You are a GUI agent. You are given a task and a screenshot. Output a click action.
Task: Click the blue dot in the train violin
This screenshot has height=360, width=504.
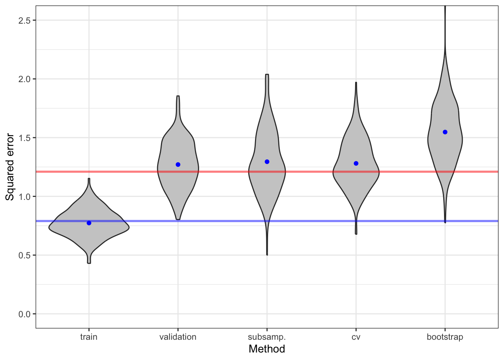pyautogui.click(x=89, y=223)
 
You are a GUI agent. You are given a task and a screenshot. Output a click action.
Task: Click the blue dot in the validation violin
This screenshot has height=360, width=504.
pyautogui.click(x=178, y=165)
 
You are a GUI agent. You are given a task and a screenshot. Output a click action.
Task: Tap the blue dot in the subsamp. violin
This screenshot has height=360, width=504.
pyautogui.click(x=267, y=162)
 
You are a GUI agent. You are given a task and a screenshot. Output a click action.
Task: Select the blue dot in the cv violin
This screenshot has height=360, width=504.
pyautogui.click(x=356, y=163)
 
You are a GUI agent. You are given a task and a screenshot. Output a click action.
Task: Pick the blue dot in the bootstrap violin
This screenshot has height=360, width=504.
pyautogui.click(x=445, y=132)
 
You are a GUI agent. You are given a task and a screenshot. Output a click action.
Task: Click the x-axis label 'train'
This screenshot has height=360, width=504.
pyautogui.click(x=89, y=337)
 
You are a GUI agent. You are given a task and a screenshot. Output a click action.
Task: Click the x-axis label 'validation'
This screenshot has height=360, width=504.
pyautogui.click(x=178, y=337)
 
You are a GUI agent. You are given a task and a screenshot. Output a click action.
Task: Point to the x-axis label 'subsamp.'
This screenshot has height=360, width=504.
pyautogui.click(x=267, y=337)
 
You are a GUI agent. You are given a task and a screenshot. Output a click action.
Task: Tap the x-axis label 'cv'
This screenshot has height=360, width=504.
pyautogui.click(x=356, y=337)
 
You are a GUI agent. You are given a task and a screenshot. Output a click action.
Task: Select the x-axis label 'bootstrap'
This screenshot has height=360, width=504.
pyautogui.click(x=445, y=337)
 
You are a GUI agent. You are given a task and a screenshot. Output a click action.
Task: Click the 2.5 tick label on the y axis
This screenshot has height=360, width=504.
pyautogui.click(x=24, y=20)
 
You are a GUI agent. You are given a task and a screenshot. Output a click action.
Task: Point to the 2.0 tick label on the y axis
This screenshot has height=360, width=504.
pyautogui.click(x=24, y=79)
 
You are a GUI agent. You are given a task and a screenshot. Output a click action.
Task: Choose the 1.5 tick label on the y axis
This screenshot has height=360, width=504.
pyautogui.click(x=24, y=138)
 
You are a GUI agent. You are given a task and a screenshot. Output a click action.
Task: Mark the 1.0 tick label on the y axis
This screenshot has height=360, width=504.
pyautogui.click(x=24, y=196)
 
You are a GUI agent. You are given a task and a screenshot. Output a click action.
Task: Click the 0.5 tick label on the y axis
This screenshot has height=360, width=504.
pyautogui.click(x=24, y=255)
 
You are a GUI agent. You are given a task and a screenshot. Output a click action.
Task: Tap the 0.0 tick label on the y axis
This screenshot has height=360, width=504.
pyautogui.click(x=24, y=314)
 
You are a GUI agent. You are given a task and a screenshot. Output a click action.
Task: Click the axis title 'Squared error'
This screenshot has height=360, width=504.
pyautogui.click(x=10, y=167)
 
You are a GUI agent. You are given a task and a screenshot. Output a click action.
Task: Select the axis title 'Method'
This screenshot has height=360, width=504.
pyautogui.click(x=267, y=349)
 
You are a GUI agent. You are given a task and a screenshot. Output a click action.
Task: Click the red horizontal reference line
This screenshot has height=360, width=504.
pyautogui.click(x=225, y=172)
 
